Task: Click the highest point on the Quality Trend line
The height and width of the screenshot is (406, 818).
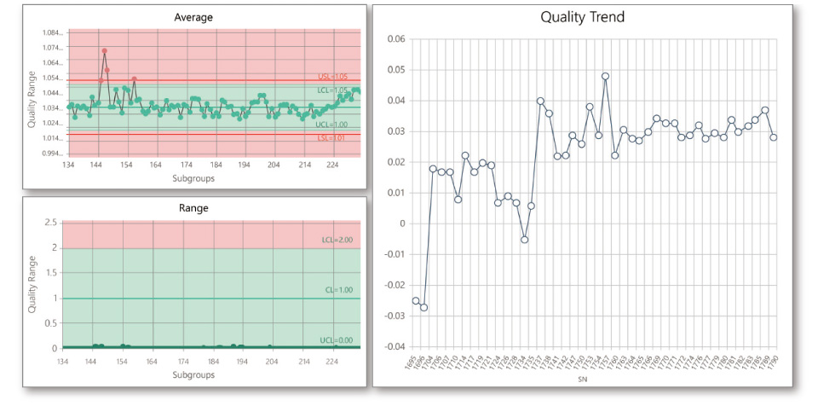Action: pyautogui.click(x=605, y=76)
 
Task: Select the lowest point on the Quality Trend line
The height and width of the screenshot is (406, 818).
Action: pyautogui.click(x=423, y=307)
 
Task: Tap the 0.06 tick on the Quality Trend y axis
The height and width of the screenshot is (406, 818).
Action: pyautogui.click(x=395, y=39)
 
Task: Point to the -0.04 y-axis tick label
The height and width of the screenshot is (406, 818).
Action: pyautogui.click(x=393, y=346)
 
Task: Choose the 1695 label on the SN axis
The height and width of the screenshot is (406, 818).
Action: pyautogui.click(x=415, y=364)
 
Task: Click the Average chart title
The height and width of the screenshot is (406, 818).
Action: pyautogui.click(x=193, y=17)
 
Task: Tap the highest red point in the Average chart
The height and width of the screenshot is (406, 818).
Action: pyautogui.click(x=105, y=51)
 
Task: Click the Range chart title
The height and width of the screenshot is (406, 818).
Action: pyautogui.click(x=193, y=207)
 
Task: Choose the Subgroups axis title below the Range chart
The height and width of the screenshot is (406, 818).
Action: pyautogui.click(x=193, y=375)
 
